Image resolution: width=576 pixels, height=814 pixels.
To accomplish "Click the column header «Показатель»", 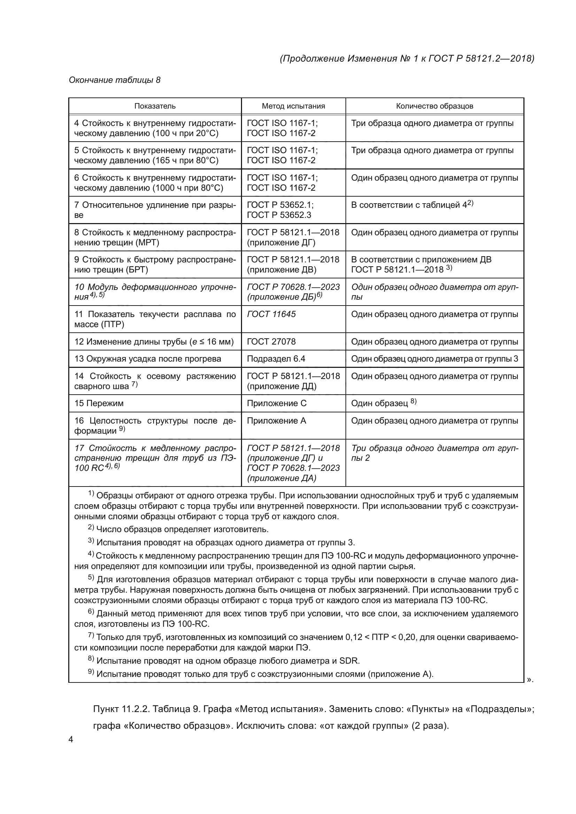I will pyautogui.click(x=155, y=106).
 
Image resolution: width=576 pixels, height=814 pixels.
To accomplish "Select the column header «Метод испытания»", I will pyautogui.click(x=293, y=106).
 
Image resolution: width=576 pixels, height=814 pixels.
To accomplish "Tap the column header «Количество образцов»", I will pyautogui.click(x=435, y=106).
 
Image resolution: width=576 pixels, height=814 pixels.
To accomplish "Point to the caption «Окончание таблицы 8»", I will pyautogui.click(x=115, y=80).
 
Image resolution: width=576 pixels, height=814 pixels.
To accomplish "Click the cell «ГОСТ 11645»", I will pyautogui.click(x=271, y=314).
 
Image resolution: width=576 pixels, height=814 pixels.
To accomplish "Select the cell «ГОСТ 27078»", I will pyautogui.click(x=271, y=341).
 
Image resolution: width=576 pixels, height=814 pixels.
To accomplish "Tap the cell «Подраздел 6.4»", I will pyautogui.click(x=276, y=359).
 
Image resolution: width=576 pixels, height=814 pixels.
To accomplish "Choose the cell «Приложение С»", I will pyautogui.click(x=277, y=403).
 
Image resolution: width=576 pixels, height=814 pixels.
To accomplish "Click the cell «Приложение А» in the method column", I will pyautogui.click(x=276, y=420).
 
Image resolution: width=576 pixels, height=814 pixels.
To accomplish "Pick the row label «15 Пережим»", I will pyautogui.click(x=99, y=403).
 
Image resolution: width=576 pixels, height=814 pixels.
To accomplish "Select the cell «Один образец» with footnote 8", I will pyautogui.click(x=380, y=403).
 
